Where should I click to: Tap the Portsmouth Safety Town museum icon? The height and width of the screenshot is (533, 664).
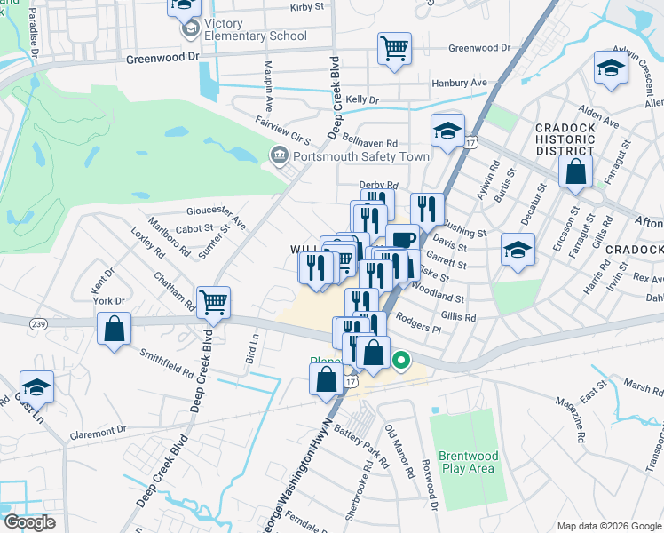tap(277, 156)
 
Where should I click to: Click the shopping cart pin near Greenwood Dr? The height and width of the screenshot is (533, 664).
tap(394, 49)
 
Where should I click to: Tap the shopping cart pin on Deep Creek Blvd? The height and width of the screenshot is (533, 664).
tap(214, 304)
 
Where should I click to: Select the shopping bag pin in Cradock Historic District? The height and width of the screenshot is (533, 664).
tap(576, 171)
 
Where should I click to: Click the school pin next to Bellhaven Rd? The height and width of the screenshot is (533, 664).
tap(447, 131)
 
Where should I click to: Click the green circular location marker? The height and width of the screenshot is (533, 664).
tap(401, 361)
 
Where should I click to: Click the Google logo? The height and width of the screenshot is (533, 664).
tap(28, 522)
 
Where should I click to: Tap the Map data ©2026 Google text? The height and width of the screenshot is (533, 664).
tap(608, 526)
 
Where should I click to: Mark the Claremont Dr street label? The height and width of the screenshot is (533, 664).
tap(98, 431)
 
